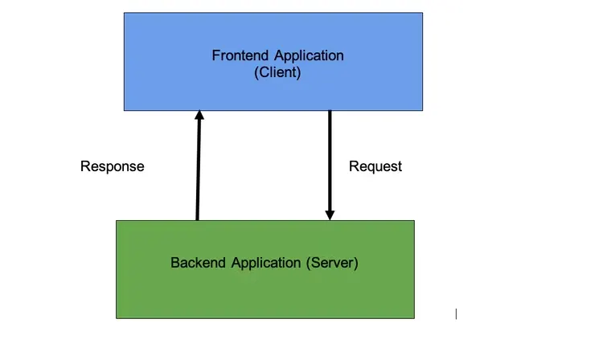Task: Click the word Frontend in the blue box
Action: [x=240, y=56]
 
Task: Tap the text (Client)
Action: [x=277, y=72]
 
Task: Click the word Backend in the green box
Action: [x=199, y=263]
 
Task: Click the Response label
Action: [x=113, y=166]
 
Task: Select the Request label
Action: [x=375, y=166]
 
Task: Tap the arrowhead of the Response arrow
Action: [x=199, y=117]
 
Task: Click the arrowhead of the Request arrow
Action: [x=329, y=215]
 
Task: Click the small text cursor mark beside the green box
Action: [x=456, y=313]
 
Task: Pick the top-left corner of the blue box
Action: [x=124, y=13]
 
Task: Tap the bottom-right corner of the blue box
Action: [x=422, y=110]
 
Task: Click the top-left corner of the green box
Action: [x=117, y=221]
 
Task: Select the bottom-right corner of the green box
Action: [x=414, y=317]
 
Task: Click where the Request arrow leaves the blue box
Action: [x=329, y=111]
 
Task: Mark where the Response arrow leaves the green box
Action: [x=197, y=220]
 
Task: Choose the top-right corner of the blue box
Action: [x=422, y=13]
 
